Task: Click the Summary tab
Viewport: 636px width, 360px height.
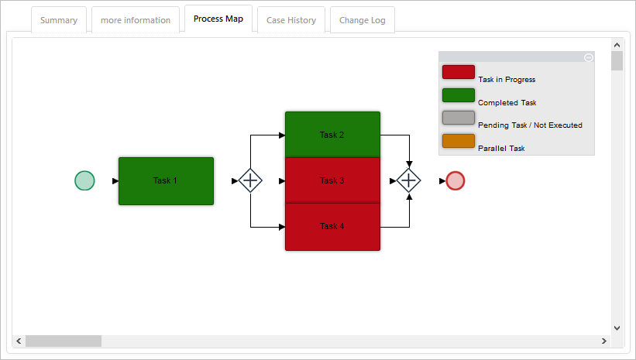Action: (x=59, y=20)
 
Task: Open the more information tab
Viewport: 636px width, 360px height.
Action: (x=136, y=20)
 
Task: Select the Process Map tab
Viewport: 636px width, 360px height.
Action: (x=218, y=19)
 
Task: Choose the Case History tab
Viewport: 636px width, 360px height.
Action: (x=291, y=20)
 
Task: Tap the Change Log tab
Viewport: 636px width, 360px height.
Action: (x=363, y=20)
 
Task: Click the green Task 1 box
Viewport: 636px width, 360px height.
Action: (x=166, y=181)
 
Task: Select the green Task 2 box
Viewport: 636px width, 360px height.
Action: (x=332, y=135)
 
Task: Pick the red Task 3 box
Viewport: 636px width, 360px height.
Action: (x=332, y=180)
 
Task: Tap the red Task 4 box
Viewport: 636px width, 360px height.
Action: (x=332, y=227)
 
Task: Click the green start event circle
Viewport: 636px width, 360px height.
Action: (x=84, y=181)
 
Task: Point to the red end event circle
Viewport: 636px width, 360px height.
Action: (x=456, y=181)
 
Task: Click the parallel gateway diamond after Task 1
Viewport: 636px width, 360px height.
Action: (x=250, y=181)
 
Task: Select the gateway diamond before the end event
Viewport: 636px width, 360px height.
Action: (x=408, y=181)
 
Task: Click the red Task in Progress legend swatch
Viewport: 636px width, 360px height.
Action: (x=458, y=72)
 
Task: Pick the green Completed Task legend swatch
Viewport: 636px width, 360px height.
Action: (x=458, y=95)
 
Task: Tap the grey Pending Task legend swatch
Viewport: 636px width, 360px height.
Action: (x=458, y=118)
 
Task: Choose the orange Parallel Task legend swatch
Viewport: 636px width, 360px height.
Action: (x=458, y=141)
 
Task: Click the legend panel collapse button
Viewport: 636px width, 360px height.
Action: (x=588, y=57)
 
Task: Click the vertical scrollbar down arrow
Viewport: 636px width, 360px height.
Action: (x=617, y=327)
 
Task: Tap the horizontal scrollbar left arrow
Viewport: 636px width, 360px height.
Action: (x=18, y=341)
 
